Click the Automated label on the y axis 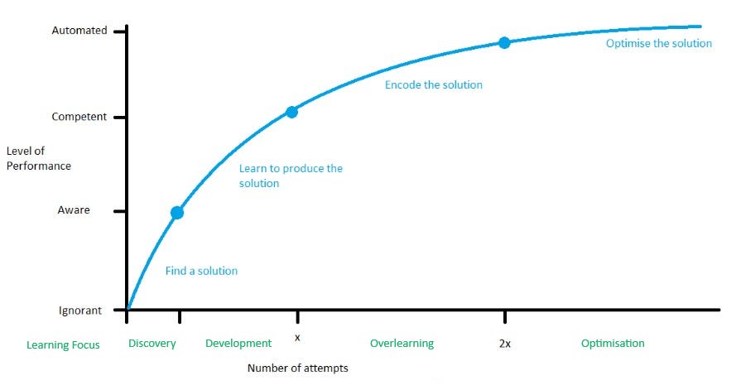point(79,31)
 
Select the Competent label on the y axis point(79,117)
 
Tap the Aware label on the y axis point(74,211)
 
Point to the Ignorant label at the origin point(79,311)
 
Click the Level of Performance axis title point(38,158)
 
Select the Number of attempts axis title point(297,368)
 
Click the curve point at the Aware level point(177,213)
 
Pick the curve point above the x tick point(291,112)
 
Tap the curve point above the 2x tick point(503,42)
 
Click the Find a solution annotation point(201,271)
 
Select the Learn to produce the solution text point(291,176)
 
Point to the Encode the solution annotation point(433,84)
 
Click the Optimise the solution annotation point(658,43)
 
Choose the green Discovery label point(152,344)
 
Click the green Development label point(238,344)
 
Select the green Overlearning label point(402,344)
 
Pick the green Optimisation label point(613,344)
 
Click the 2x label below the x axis point(504,344)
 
